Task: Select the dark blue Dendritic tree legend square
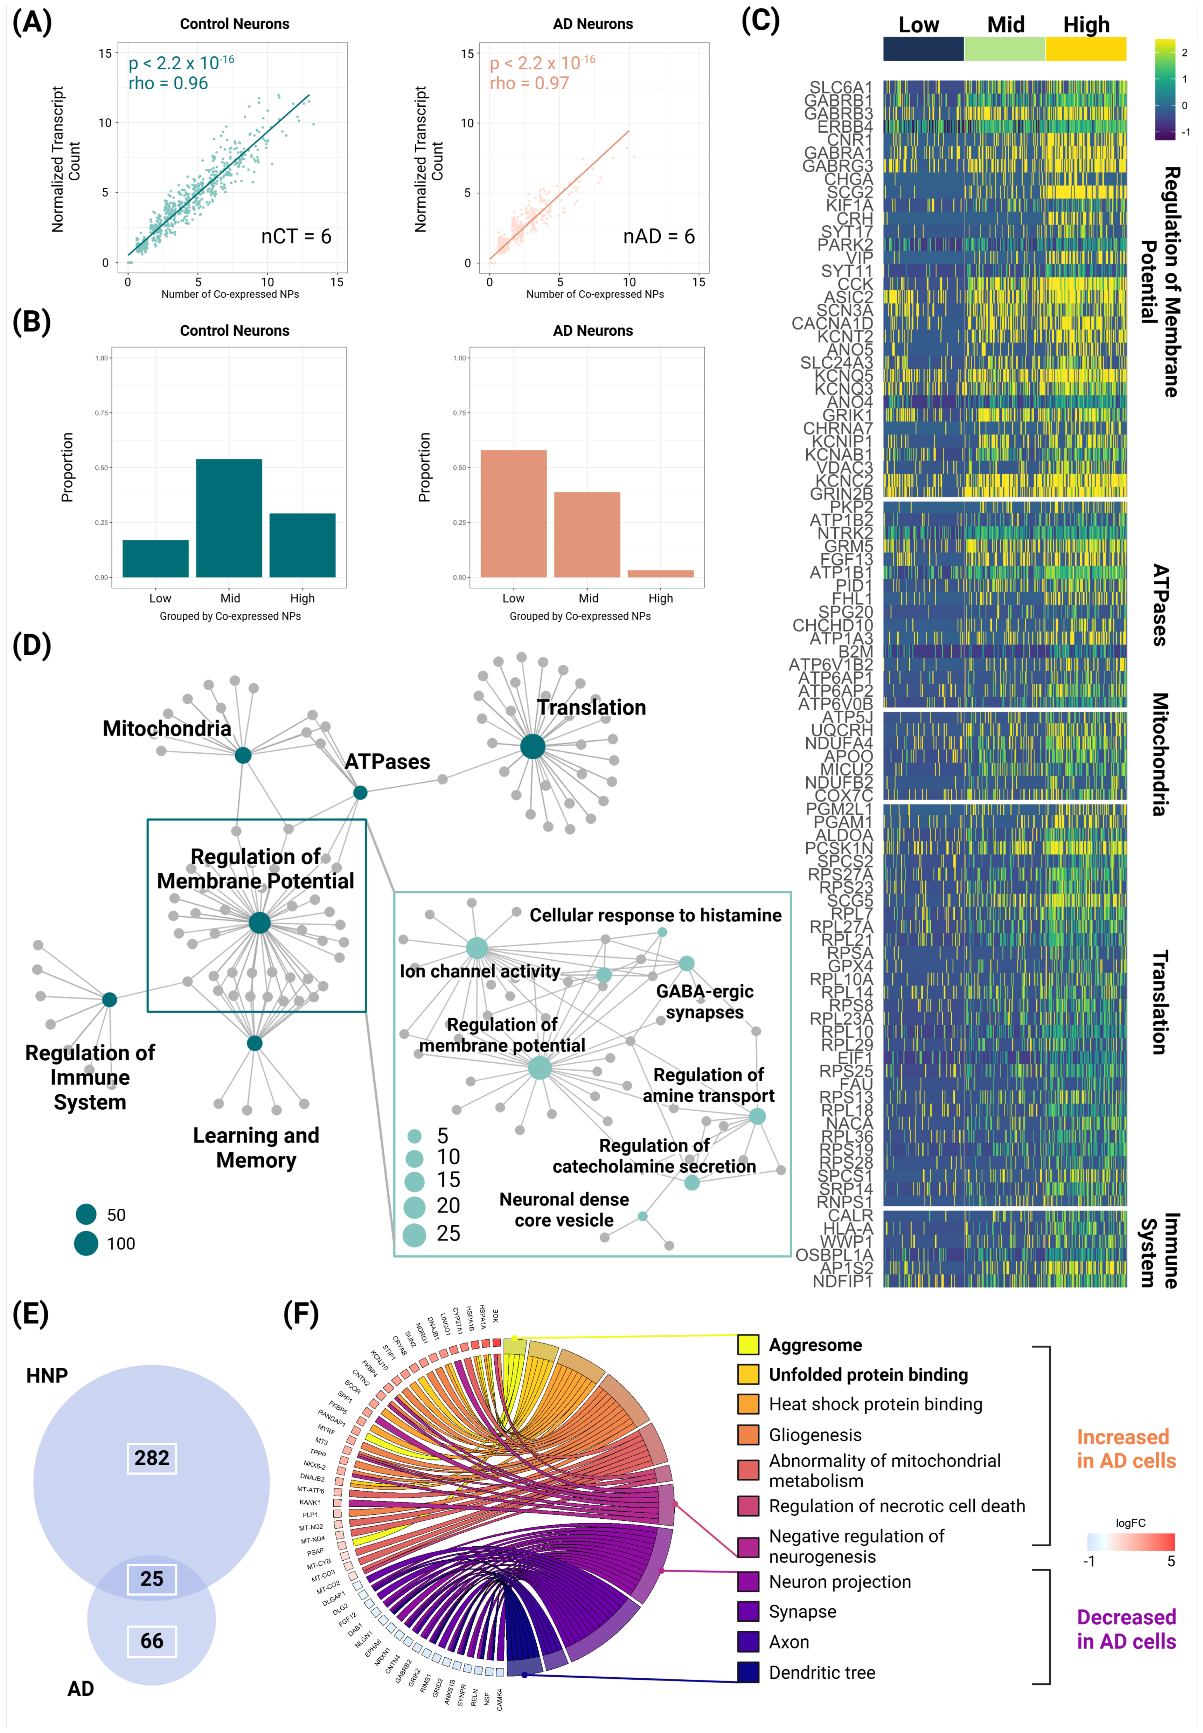[748, 1672]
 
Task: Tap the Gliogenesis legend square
[748, 1435]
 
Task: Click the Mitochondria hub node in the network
[243, 755]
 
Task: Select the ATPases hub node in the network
[360, 792]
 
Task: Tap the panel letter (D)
[32, 646]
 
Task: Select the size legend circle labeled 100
[86, 1243]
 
